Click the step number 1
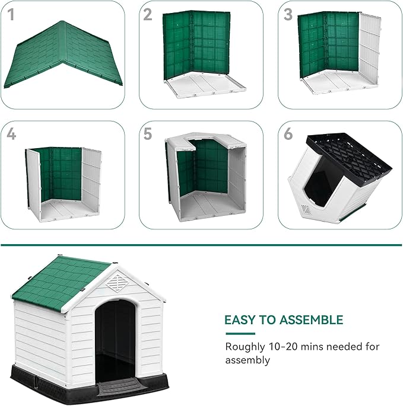[11, 15]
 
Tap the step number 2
[148, 15]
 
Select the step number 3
[288, 15]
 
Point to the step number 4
[11, 134]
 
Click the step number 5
[148, 134]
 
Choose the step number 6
[288, 134]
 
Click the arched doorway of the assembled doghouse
[115, 338]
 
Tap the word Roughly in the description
[245, 347]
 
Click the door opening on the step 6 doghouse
[321, 184]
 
